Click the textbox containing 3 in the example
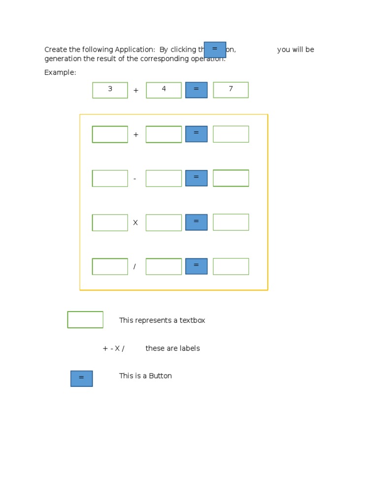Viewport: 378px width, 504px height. coord(110,90)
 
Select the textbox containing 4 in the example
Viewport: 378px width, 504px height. coord(163,90)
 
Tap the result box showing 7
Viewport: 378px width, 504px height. coord(230,90)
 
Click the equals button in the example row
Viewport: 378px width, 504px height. coord(196,90)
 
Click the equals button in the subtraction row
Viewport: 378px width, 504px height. coord(196,178)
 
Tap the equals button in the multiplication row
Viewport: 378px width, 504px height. coord(196,222)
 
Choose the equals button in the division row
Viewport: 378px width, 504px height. coord(196,266)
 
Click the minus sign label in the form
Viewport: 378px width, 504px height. coord(135,179)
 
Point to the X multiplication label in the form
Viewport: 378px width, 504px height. coord(135,223)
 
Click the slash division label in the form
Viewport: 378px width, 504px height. coord(134,267)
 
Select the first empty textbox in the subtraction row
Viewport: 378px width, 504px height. coord(110,178)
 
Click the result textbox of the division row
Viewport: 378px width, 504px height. coord(231,266)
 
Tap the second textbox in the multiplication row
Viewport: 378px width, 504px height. coord(163,222)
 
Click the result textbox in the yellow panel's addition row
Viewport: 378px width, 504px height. coord(231,134)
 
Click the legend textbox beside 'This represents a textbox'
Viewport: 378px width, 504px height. coord(85,319)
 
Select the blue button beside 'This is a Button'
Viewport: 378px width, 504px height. coord(81,378)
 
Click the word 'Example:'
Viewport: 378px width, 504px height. coord(60,72)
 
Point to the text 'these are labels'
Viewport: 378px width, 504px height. coord(172,348)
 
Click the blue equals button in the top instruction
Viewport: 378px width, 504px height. coord(215,50)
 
